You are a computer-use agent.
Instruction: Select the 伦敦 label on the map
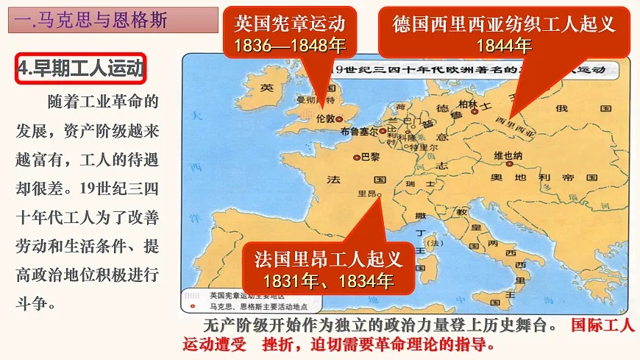click(x=325, y=119)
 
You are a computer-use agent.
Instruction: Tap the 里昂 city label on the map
click(x=366, y=194)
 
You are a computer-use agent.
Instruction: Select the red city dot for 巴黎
click(x=356, y=157)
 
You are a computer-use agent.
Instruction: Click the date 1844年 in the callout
click(x=504, y=46)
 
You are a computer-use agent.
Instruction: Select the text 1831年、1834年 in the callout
click(x=329, y=280)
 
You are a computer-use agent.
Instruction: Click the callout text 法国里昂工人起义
click(x=329, y=259)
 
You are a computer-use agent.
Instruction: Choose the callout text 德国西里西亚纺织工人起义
click(x=504, y=24)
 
